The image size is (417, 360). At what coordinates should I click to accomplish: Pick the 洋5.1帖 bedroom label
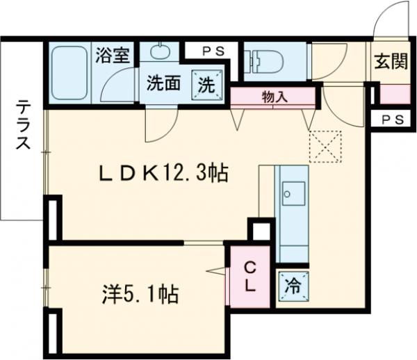point(136,294)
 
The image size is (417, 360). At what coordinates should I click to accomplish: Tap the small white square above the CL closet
point(261,230)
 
